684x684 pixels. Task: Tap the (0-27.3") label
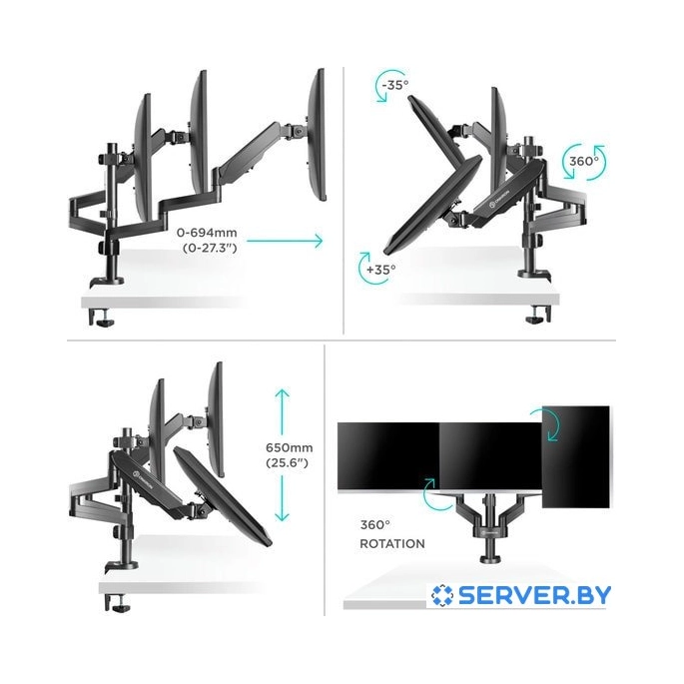[x=213, y=250]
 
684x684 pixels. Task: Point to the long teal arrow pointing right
[x=286, y=241]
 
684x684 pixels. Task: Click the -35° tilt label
[x=393, y=85]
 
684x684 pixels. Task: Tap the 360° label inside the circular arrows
[x=582, y=160]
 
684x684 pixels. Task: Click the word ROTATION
[x=392, y=544]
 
